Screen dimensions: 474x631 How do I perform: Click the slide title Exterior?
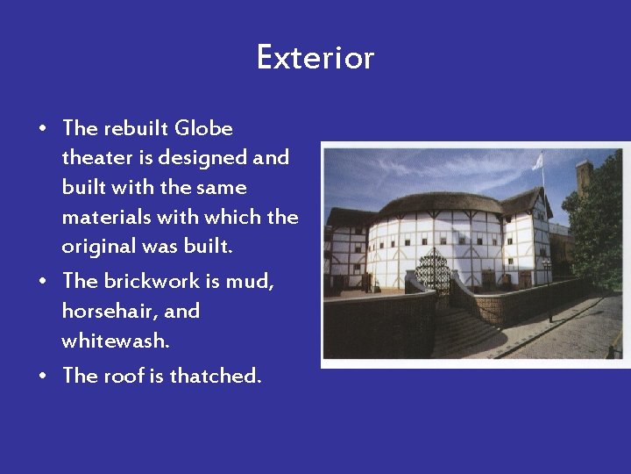click(315, 58)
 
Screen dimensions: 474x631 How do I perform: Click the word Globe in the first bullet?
click(203, 128)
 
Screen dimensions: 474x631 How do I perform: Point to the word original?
click(96, 247)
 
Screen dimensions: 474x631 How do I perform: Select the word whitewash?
click(114, 341)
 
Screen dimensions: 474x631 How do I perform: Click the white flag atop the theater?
click(537, 161)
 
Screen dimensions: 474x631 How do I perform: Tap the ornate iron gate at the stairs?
click(432, 273)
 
